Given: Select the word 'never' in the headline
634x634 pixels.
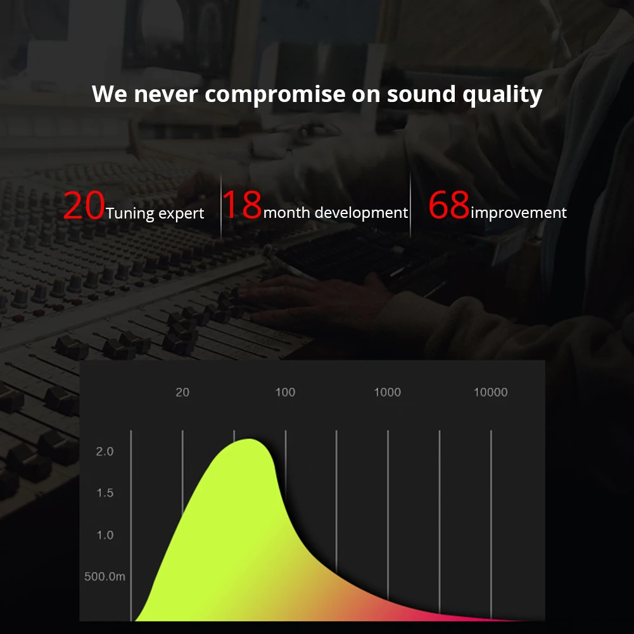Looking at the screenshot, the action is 166,94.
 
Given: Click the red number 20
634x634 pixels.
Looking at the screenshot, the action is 84,205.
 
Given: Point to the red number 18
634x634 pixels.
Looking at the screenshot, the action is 242,205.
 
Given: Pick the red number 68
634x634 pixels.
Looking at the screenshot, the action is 449,205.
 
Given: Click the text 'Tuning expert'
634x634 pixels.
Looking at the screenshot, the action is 155,213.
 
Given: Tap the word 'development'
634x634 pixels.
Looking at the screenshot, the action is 361,212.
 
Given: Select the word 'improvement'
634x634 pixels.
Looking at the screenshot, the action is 519,212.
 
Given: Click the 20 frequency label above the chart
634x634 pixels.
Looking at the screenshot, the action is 182,392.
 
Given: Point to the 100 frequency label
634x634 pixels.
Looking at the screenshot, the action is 285,392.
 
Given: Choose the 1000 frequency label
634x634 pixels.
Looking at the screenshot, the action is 388,392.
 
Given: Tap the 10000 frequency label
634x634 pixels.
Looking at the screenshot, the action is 490,392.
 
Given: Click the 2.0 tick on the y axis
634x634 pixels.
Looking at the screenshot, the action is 105,451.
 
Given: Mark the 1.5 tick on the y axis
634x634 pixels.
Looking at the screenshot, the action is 105,493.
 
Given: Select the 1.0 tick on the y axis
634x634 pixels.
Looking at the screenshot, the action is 105,535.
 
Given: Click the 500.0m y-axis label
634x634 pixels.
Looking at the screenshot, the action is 105,576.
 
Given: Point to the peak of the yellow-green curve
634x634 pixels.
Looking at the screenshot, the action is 249,440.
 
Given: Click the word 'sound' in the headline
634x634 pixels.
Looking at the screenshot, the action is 421,94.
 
